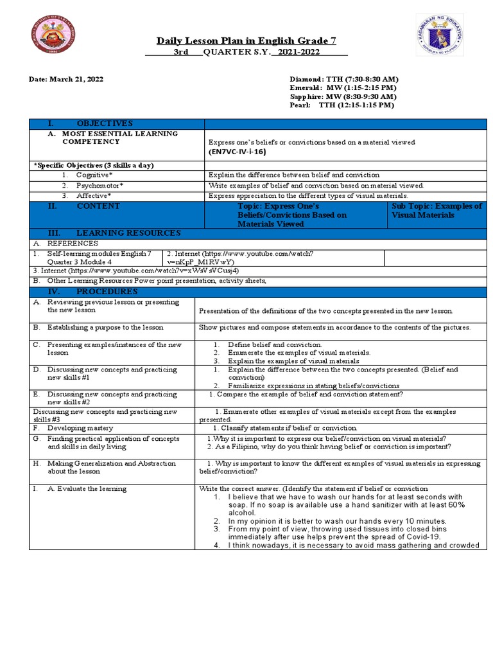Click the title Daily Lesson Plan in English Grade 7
click(246, 41)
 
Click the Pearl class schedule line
click(342, 105)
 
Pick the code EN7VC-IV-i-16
click(237, 152)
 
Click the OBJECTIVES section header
click(105, 123)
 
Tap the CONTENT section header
click(98, 206)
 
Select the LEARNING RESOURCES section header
click(128, 233)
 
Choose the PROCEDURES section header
click(107, 291)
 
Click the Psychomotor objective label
click(99, 185)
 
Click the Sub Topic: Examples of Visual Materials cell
click(437, 211)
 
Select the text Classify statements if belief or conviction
click(287, 428)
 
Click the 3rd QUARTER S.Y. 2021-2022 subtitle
click(246, 53)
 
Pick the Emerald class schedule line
click(342, 87)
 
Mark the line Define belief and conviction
click(275, 345)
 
